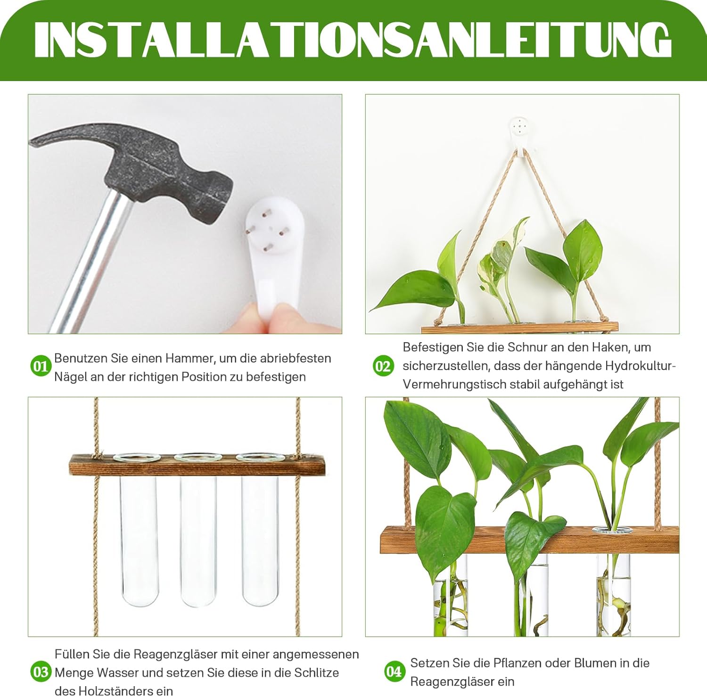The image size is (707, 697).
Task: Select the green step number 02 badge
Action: (x=383, y=366)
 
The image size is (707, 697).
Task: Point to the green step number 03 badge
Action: (x=41, y=672)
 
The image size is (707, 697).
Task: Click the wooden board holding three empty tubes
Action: (x=197, y=465)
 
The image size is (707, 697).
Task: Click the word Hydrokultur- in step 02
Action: (x=641, y=366)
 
